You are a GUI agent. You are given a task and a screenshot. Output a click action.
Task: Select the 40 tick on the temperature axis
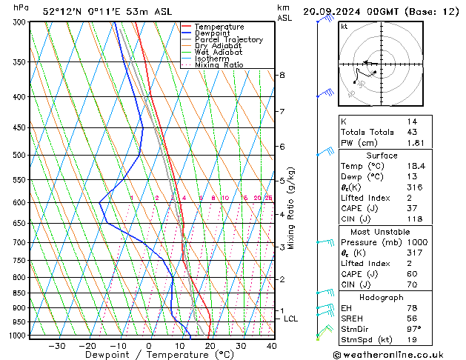pos(271,346)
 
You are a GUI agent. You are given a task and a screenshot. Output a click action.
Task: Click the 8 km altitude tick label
pos(282,76)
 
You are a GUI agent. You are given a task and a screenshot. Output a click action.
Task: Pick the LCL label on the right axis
pos(290,319)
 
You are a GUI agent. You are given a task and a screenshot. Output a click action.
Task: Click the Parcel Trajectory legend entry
pos(228,40)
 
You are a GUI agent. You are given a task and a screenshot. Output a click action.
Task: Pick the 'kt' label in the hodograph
pos(344,27)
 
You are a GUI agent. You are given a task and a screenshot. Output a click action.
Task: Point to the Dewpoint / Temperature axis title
pos(148,355)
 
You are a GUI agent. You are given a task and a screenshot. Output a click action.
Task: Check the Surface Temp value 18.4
pos(414,167)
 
